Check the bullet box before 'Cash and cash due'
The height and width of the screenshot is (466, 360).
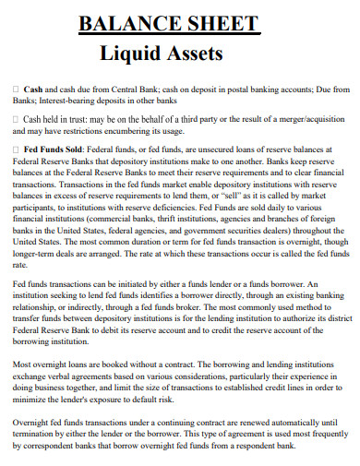tap(17, 90)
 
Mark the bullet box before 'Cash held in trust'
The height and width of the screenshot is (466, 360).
tap(17, 120)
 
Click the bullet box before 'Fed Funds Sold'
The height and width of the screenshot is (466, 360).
tap(17, 149)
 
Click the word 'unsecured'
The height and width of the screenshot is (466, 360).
tap(204, 149)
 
